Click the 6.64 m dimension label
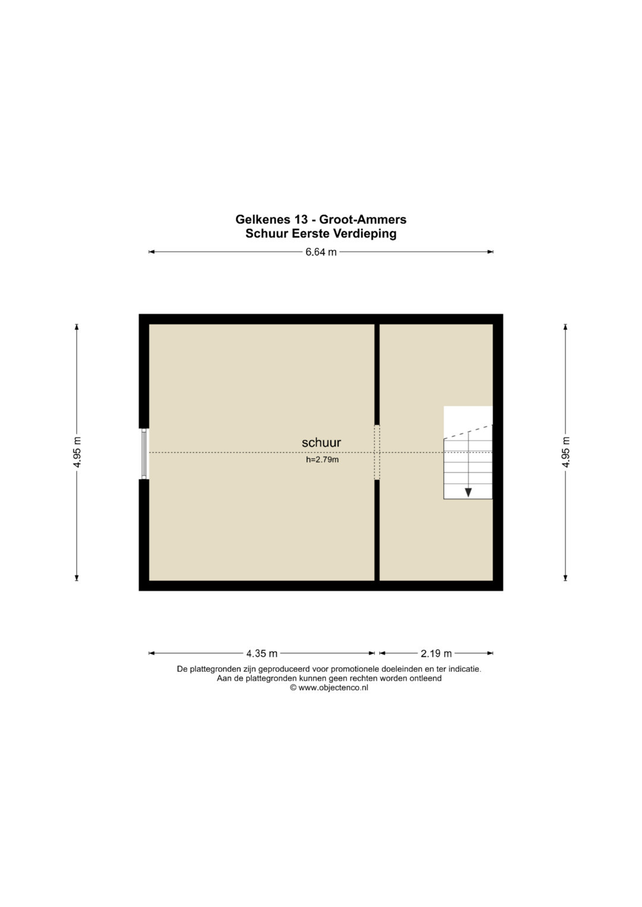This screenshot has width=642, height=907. pyautogui.click(x=321, y=252)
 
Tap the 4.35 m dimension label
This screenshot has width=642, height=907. pyautogui.click(x=262, y=653)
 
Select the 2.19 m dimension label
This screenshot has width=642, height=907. pyautogui.click(x=436, y=653)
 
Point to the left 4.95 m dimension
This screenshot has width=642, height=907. pyautogui.click(x=77, y=452)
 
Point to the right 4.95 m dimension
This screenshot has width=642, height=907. pyautogui.click(x=566, y=452)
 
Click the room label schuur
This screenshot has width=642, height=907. pyautogui.click(x=322, y=443)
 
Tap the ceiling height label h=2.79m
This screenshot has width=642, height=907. pyautogui.click(x=322, y=460)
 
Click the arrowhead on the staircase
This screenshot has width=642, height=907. pyautogui.click(x=468, y=492)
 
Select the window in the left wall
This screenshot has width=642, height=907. pyautogui.click(x=144, y=454)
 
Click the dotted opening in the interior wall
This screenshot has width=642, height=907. pyautogui.click(x=377, y=452)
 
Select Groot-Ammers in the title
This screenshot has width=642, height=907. pyautogui.click(x=363, y=219)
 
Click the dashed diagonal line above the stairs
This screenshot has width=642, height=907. pyautogui.click(x=468, y=432)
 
